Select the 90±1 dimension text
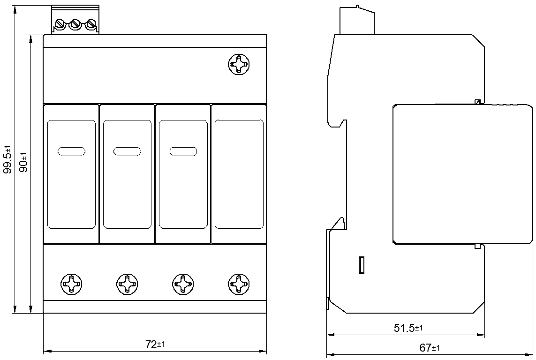click(x=24, y=162)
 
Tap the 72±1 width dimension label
click(x=155, y=344)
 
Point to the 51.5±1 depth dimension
click(x=408, y=328)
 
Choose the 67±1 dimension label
click(x=430, y=348)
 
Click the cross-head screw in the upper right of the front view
click(x=239, y=64)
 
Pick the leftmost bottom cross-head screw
click(x=71, y=284)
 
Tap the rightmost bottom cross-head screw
click(x=239, y=284)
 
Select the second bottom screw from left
click(x=127, y=284)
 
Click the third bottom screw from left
click(x=183, y=284)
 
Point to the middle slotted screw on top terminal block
click(x=75, y=24)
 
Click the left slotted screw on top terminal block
click(x=60, y=24)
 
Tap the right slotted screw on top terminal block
click(x=90, y=24)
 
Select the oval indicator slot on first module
click(x=71, y=152)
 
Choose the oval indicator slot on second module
click(x=127, y=152)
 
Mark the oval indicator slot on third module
click(x=183, y=152)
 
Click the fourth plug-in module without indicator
click(x=239, y=174)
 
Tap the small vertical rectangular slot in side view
click(x=362, y=265)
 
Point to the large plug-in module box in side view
click(x=462, y=174)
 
